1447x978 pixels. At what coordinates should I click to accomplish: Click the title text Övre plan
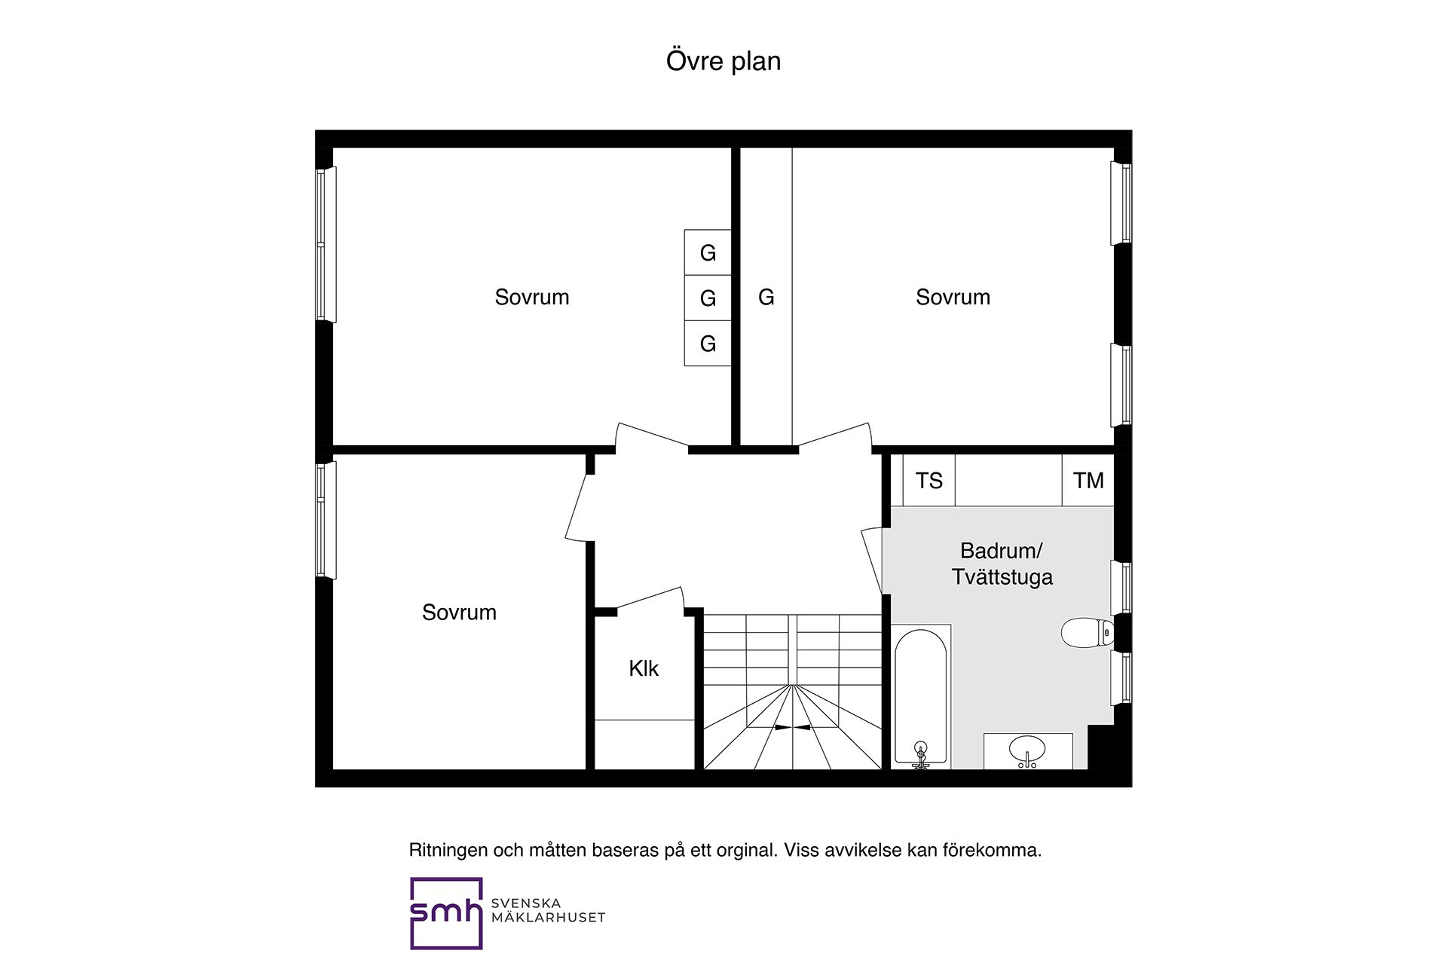(x=723, y=61)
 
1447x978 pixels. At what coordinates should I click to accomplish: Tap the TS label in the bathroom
(x=928, y=481)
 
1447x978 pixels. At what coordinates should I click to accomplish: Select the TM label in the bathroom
(x=1088, y=481)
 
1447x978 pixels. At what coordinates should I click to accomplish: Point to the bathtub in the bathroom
(x=920, y=693)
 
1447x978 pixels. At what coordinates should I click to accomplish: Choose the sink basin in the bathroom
(x=1027, y=750)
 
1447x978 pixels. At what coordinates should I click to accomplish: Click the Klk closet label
(x=644, y=668)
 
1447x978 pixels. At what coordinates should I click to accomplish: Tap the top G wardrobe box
(x=708, y=252)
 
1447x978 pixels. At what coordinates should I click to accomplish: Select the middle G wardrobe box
(x=708, y=298)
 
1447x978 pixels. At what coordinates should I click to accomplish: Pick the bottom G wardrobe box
(x=708, y=344)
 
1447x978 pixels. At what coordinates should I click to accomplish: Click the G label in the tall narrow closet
(x=766, y=298)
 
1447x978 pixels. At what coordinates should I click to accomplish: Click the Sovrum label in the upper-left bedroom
(x=531, y=298)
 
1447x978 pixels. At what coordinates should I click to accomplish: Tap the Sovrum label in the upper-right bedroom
(x=953, y=298)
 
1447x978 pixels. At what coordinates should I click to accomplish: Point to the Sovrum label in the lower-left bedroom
(x=459, y=613)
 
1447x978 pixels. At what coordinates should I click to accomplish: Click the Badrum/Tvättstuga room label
(x=1002, y=564)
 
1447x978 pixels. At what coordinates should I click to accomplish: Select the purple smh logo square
(x=445, y=913)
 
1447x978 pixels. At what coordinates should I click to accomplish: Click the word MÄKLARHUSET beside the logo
(x=548, y=918)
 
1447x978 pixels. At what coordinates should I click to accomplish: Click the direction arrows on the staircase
(x=792, y=728)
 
